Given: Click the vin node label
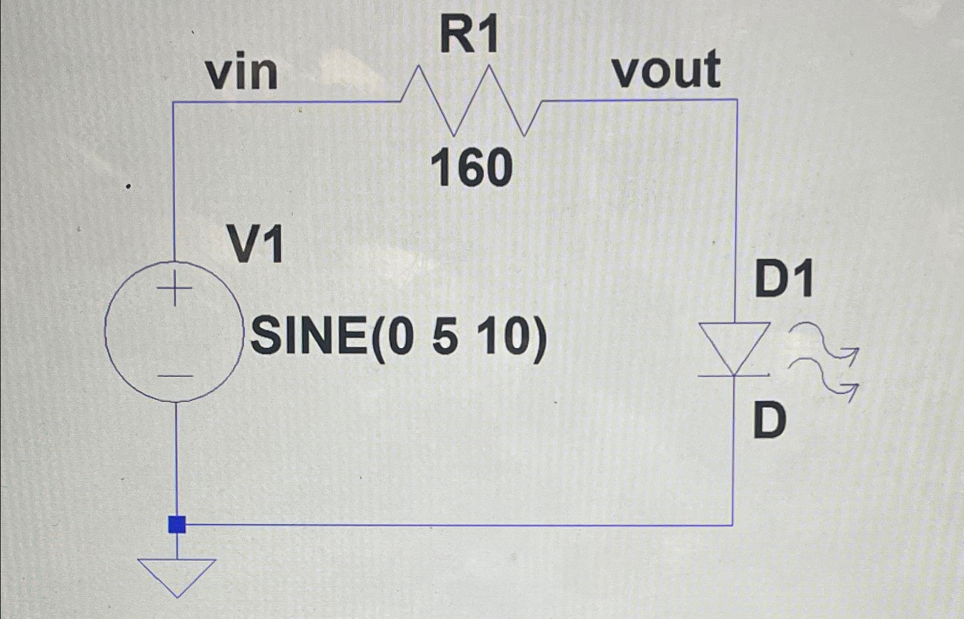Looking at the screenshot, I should pos(242,74).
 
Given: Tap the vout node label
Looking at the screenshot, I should pos(666,70).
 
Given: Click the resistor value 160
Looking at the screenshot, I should pos(471,169).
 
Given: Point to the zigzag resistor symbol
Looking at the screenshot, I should pos(470,101).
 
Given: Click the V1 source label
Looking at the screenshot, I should pos(255,245).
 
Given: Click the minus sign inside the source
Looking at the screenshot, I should pos(175,376).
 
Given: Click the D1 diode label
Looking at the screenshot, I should pos(784,280).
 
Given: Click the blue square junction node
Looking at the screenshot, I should pos(177,525).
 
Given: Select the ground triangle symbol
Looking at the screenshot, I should pos(177,574).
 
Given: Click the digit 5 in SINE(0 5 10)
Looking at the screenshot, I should pos(445,338).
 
